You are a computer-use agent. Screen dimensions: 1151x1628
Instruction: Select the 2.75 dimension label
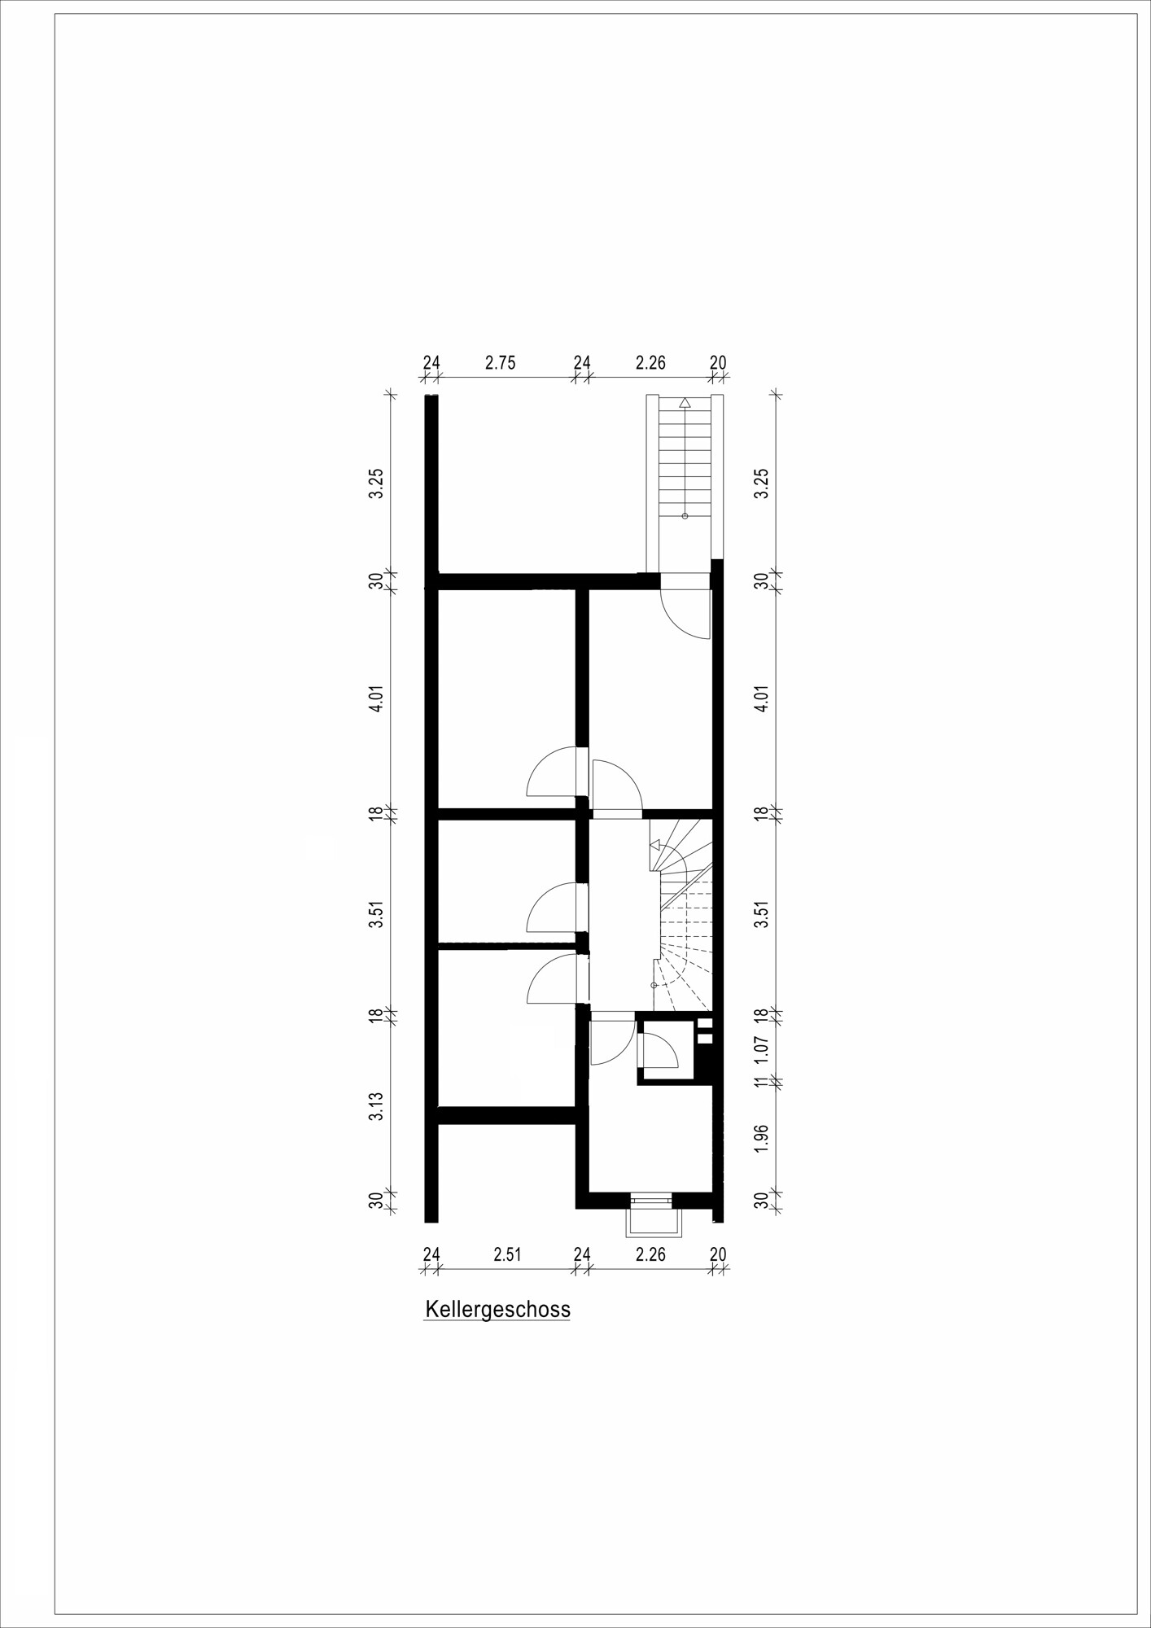[x=501, y=363]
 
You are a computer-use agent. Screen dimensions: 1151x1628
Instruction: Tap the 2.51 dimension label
[x=507, y=1254]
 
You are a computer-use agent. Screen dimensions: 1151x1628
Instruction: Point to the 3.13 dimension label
[x=375, y=1107]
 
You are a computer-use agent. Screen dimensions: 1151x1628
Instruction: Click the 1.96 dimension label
[x=762, y=1138]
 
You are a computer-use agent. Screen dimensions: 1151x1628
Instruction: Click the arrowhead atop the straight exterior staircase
[x=685, y=402]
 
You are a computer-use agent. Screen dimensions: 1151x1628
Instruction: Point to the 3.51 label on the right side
[x=762, y=914]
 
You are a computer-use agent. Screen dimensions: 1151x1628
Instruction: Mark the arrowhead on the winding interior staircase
[x=654, y=846]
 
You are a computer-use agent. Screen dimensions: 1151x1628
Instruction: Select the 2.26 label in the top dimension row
[x=650, y=363]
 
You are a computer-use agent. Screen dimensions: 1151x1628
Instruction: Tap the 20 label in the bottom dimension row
[x=718, y=1254]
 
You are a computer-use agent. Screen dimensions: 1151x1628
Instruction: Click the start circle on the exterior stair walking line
[x=685, y=516]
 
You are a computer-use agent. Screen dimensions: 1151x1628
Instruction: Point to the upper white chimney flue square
[x=705, y=1023]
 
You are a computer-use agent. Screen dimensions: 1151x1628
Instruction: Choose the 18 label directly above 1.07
[x=762, y=1015]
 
